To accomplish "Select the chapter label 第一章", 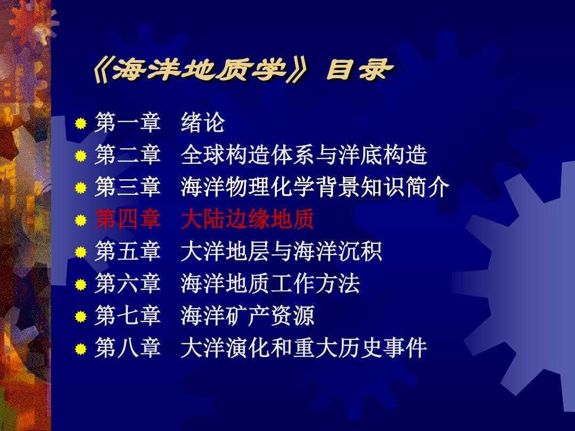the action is [x=128, y=122].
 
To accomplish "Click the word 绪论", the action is [x=202, y=122].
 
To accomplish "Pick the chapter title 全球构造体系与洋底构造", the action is [x=304, y=155].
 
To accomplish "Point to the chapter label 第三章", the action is [x=128, y=187].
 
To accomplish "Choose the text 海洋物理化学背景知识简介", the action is [x=315, y=187].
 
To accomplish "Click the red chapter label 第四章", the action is [x=128, y=219].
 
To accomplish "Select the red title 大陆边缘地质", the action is [x=248, y=219].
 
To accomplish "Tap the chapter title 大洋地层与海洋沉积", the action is [x=281, y=251].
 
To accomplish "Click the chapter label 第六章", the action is [x=128, y=284].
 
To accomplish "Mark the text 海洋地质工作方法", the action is [x=270, y=284].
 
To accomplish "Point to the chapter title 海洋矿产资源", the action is [x=248, y=316].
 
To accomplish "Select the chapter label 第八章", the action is [x=128, y=348].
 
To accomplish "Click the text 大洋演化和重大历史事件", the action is [x=304, y=348].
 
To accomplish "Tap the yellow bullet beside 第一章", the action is [x=81, y=123].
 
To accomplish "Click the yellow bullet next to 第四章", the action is [x=81, y=220].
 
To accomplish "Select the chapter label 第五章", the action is [x=128, y=251].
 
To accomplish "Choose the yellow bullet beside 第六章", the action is [x=81, y=285].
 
